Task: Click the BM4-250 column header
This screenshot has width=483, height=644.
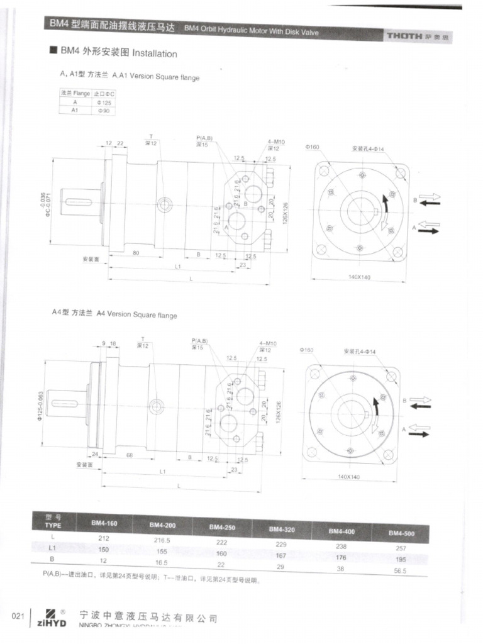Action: click(x=222, y=527)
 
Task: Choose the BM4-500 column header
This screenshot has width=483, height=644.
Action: click(x=401, y=533)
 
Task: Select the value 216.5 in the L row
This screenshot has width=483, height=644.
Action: click(x=163, y=540)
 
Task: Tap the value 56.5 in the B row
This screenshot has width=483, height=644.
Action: click(x=400, y=570)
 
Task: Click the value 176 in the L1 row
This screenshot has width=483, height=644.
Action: click(x=341, y=556)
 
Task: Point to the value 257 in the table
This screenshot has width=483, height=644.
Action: click(x=401, y=548)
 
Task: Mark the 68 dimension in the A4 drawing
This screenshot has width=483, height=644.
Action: click(x=129, y=455)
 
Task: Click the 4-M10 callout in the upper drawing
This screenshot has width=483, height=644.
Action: click(x=275, y=142)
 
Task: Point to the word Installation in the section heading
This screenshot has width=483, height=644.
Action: click(x=155, y=54)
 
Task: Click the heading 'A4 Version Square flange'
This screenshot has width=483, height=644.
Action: click(x=136, y=314)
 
